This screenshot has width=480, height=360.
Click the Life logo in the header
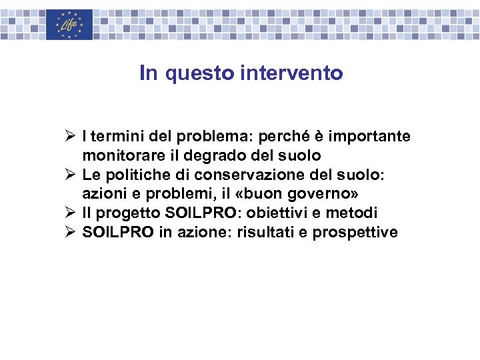pyautogui.click(x=69, y=24)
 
